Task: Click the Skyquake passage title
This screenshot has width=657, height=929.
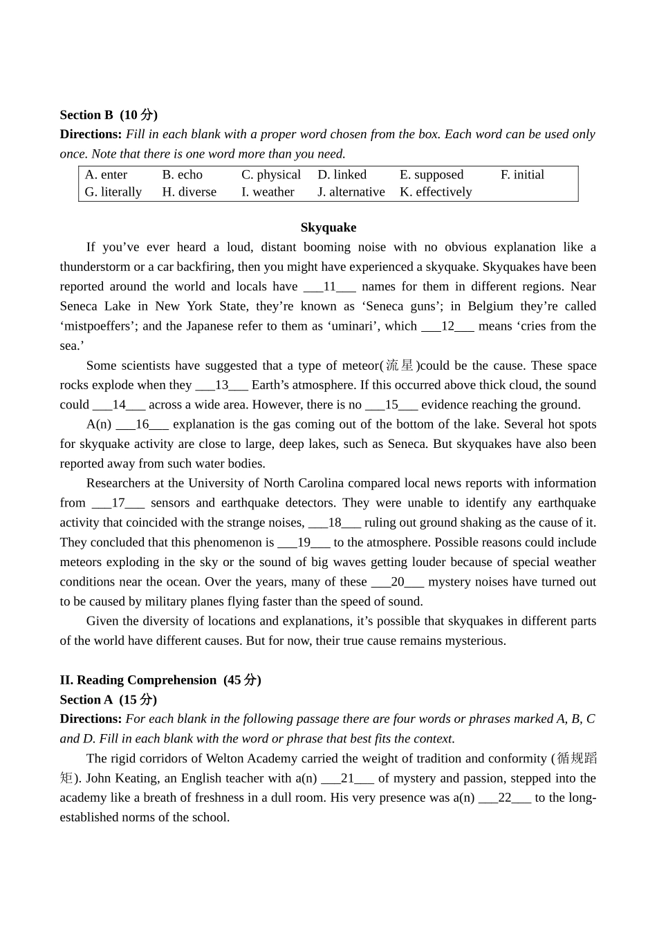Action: (328, 227)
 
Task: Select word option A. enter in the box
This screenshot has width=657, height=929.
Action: (107, 175)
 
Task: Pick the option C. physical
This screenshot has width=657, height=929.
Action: (271, 175)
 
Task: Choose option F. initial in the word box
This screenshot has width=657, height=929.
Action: (522, 175)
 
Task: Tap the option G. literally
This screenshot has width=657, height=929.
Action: (113, 192)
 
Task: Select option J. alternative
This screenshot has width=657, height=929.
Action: (351, 192)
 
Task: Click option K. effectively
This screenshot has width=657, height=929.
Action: (436, 192)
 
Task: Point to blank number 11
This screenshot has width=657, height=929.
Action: (330, 287)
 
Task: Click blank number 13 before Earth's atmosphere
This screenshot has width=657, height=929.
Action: (222, 385)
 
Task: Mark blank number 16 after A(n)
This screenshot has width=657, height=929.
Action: (142, 424)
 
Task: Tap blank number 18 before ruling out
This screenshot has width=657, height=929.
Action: (335, 523)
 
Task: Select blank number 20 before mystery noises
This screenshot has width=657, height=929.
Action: (398, 582)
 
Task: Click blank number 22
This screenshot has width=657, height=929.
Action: (505, 798)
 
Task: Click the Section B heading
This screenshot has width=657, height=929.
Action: (109, 115)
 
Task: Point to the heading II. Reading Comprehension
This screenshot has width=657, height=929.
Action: (160, 680)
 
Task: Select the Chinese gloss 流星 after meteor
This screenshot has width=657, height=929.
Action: (400, 366)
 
